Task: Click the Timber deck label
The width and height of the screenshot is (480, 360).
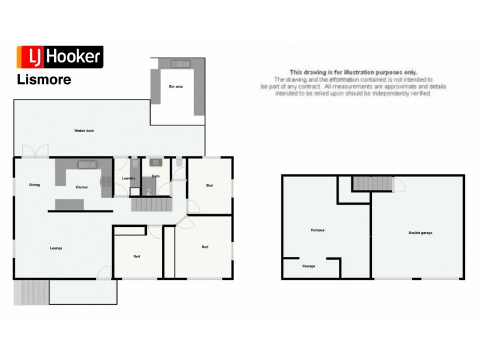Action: click(84, 130)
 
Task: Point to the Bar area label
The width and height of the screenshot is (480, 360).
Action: click(176, 88)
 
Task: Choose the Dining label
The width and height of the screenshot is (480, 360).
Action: click(34, 185)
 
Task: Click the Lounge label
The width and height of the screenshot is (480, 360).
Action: click(56, 248)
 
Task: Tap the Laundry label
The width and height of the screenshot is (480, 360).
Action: click(128, 178)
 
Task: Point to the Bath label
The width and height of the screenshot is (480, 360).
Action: click(155, 176)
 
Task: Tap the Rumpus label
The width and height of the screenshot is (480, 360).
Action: click(317, 230)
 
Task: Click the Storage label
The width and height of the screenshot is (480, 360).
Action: click(309, 266)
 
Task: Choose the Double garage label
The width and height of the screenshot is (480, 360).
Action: click(421, 233)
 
